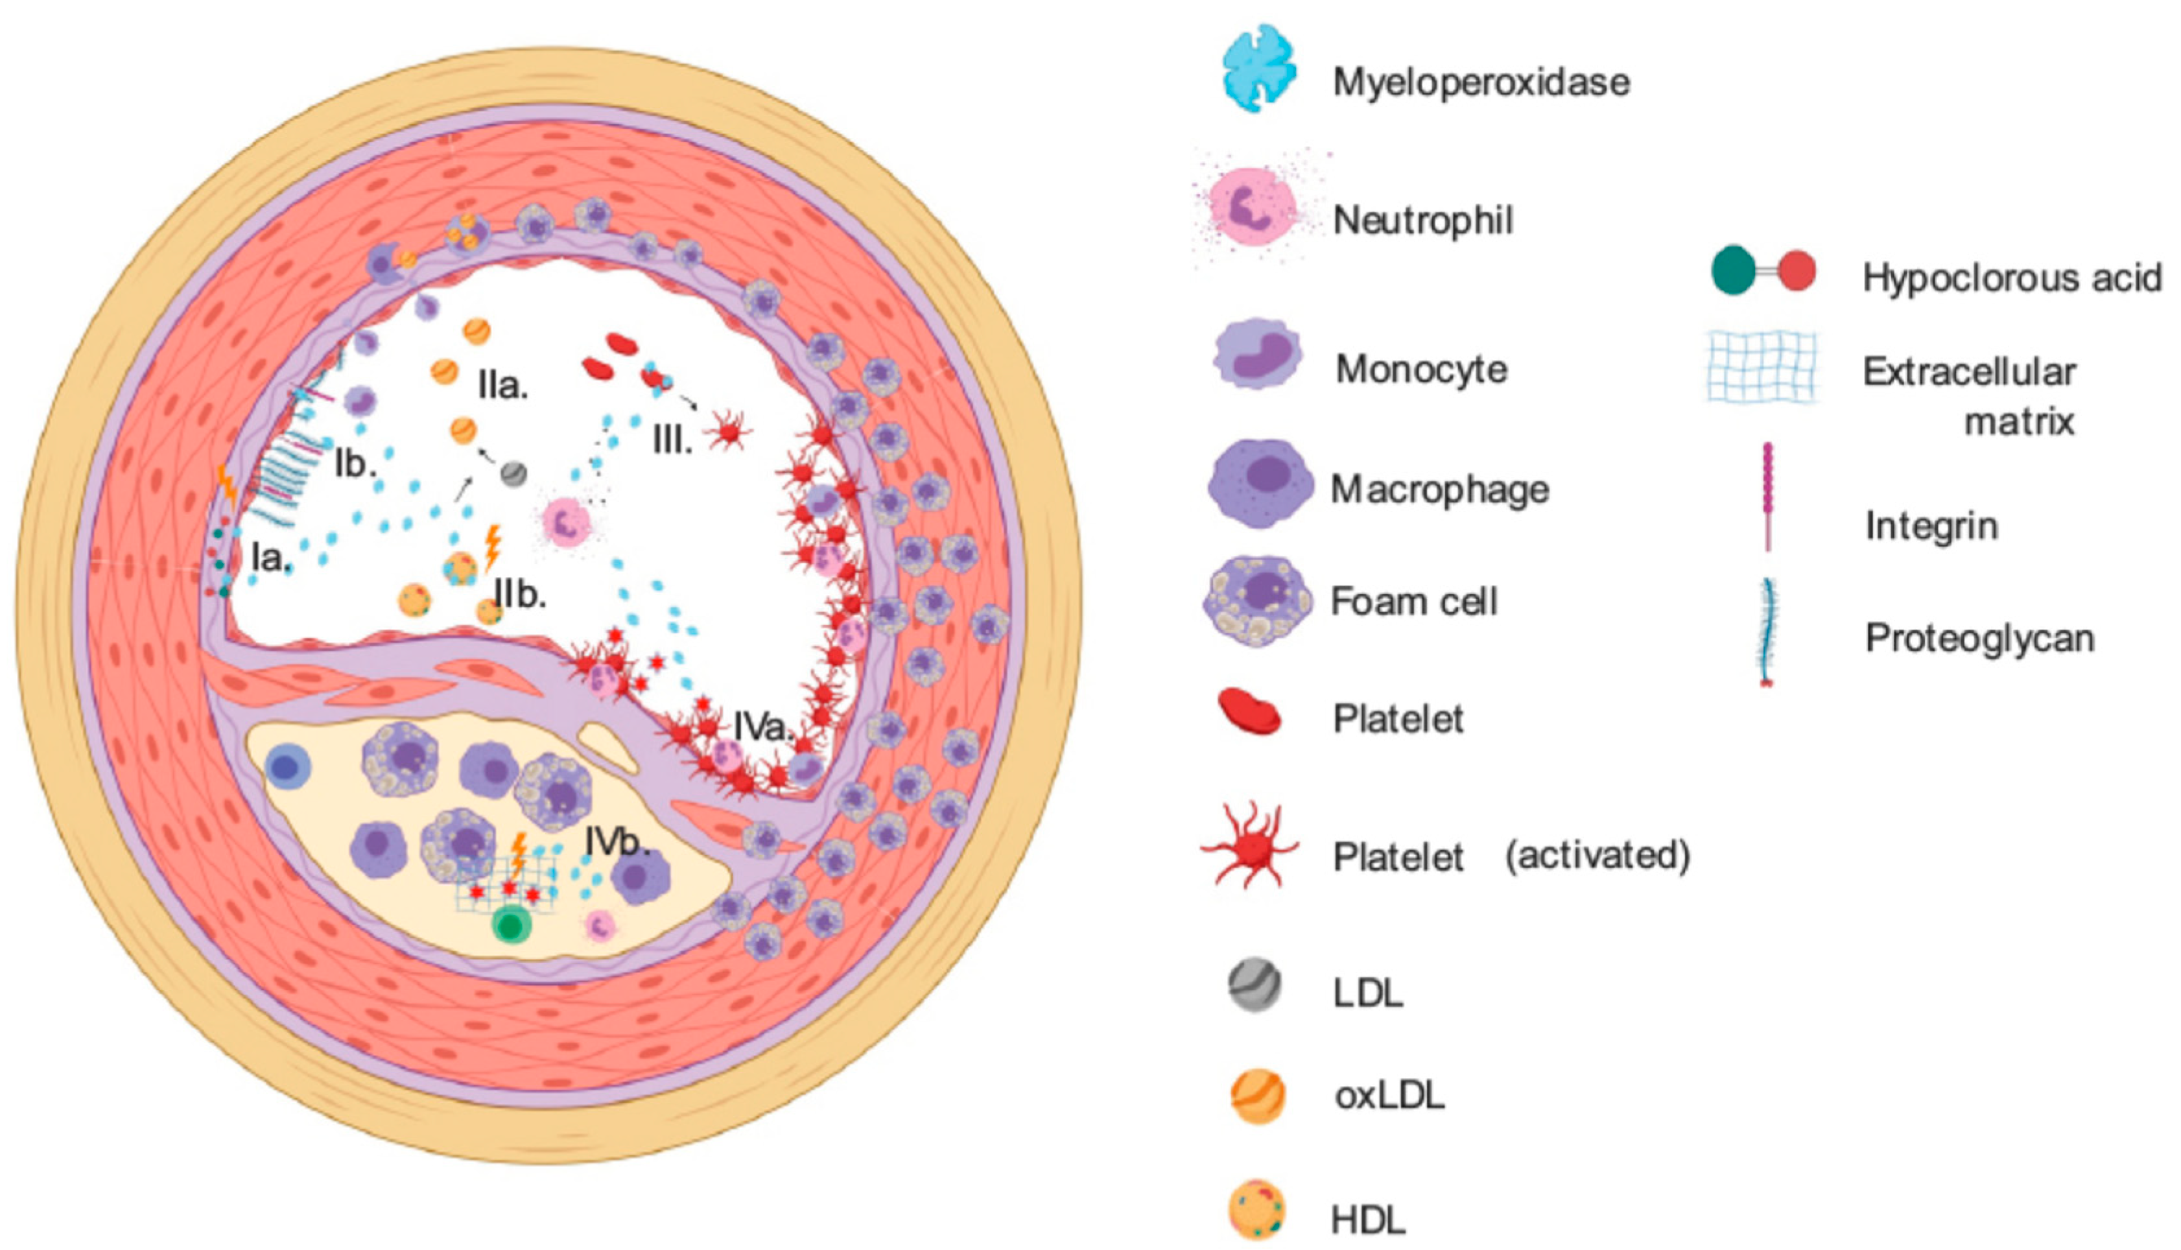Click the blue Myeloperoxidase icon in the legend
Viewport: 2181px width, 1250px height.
[1258, 69]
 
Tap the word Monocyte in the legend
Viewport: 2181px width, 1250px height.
[1421, 369]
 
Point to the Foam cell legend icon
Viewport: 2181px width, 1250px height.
[1258, 600]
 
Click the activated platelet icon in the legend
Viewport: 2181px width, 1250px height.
[1251, 845]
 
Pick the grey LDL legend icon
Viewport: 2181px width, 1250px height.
[1255, 985]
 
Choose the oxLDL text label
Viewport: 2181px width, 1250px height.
[1389, 1096]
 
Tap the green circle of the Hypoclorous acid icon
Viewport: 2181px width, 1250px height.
[1733, 270]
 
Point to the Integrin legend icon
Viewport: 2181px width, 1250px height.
[1767, 496]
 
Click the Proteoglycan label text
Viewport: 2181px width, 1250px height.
[1979, 638]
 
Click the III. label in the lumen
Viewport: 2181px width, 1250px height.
[672, 442]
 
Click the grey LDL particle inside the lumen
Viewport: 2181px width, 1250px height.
[513, 473]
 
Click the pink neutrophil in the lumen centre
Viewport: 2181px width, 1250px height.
[565, 522]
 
